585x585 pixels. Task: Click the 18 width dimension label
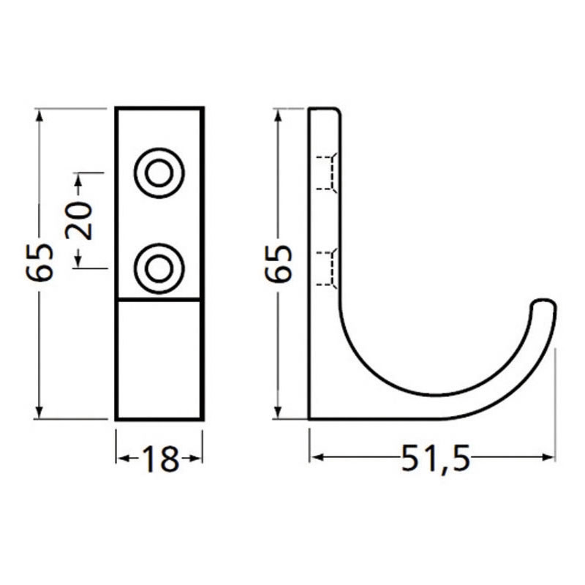pos(160,458)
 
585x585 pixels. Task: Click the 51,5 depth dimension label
pos(435,458)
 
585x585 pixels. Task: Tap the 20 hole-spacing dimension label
pos(79,221)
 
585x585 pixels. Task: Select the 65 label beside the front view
pos(39,263)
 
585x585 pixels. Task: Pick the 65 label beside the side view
pos(277,263)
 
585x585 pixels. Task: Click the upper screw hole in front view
pos(159,173)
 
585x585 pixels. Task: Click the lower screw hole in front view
pos(159,268)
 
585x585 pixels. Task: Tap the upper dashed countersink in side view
pos(327,173)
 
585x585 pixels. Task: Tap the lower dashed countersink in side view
pos(327,268)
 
